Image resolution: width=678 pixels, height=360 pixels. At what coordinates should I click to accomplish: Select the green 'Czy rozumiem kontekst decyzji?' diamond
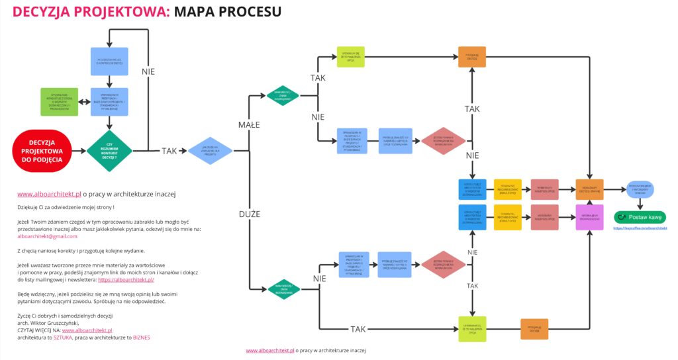click(109, 150)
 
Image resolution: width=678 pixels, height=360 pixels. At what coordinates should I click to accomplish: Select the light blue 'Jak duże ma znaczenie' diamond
click(210, 150)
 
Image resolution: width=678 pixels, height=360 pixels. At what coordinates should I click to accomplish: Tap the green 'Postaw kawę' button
click(640, 217)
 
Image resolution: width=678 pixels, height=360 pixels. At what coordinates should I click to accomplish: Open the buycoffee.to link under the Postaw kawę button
click(640, 228)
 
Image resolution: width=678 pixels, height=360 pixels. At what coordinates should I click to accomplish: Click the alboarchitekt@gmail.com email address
click(47, 236)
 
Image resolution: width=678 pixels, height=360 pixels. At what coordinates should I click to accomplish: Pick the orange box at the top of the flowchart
click(472, 57)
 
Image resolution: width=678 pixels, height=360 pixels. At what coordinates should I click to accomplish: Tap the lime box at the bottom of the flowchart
click(472, 329)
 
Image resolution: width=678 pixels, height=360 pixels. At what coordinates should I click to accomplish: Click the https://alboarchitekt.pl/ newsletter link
click(126, 280)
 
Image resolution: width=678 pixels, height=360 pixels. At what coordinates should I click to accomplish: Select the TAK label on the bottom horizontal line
click(358, 329)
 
